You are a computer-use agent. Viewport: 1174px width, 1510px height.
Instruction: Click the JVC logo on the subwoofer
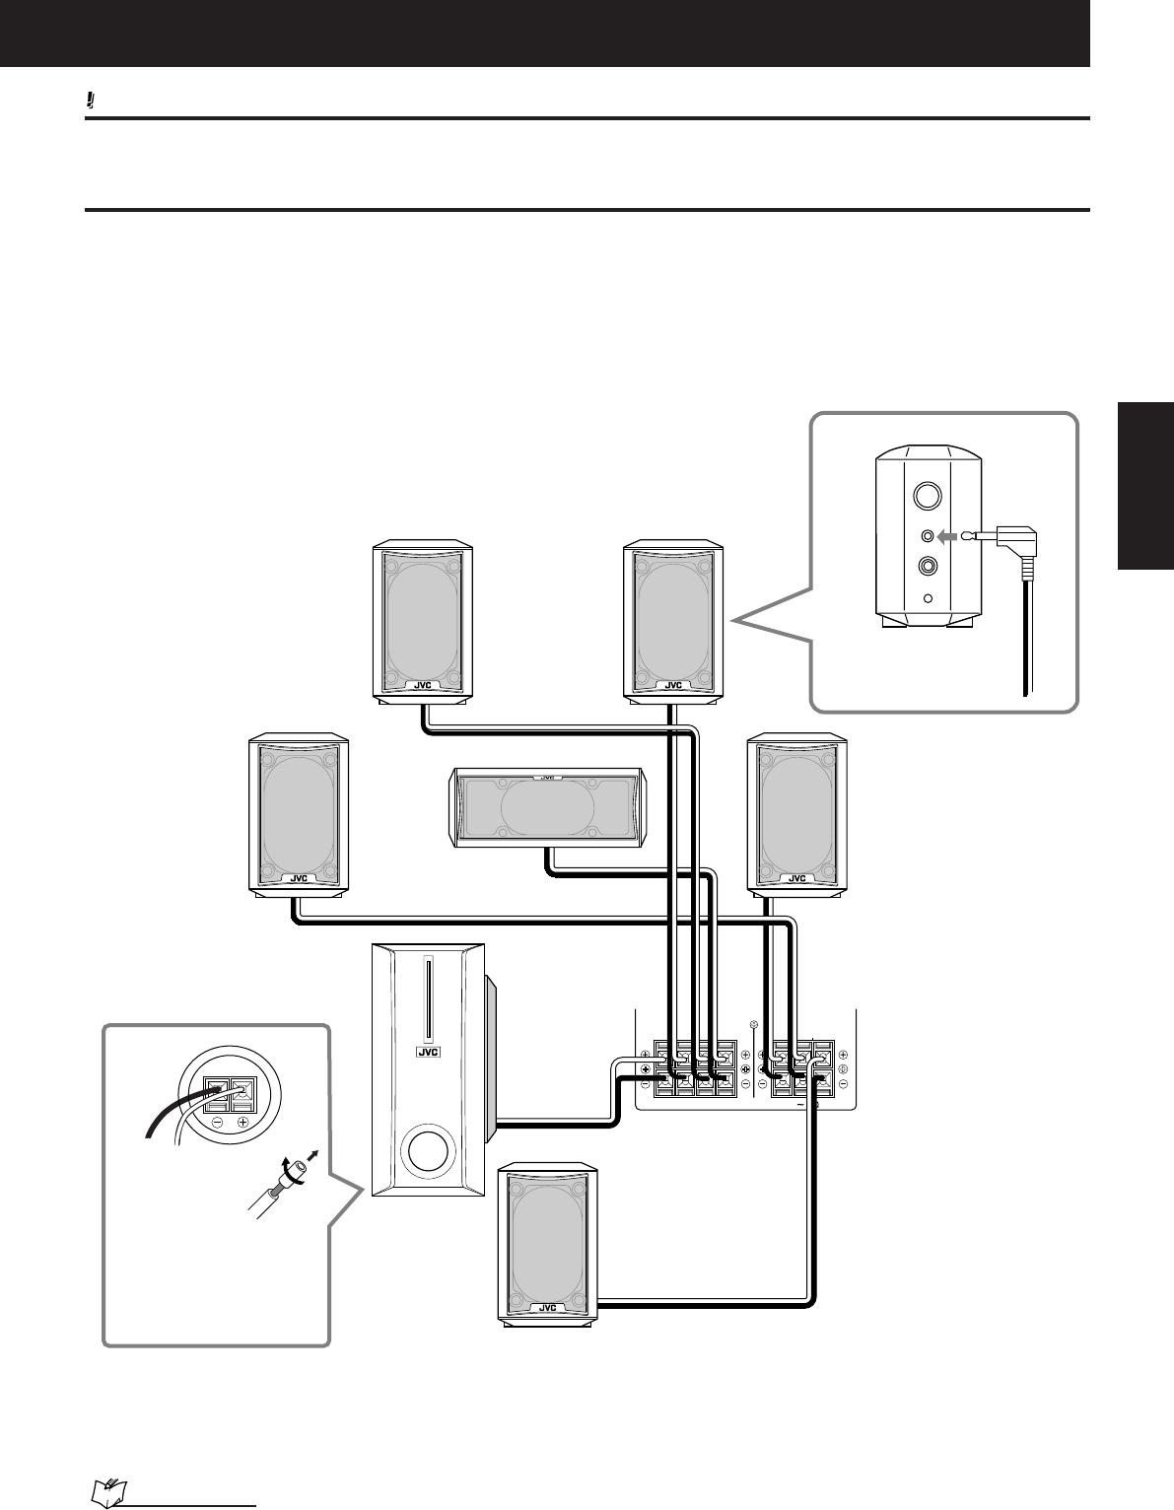[x=428, y=1051]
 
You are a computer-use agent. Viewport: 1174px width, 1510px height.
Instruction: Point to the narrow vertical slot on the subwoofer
[x=428, y=998]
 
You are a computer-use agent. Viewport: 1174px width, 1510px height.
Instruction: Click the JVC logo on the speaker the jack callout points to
[x=673, y=685]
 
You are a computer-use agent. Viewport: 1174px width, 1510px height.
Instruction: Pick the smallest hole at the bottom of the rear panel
[x=928, y=597]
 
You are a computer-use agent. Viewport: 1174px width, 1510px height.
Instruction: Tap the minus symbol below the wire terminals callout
[x=216, y=1123]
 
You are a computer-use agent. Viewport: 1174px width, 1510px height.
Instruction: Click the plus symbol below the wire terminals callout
[x=242, y=1123]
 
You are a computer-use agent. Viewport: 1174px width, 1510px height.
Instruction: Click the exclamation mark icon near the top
[x=90, y=101]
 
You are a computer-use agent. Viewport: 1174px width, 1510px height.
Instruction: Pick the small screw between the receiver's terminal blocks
[x=754, y=1025]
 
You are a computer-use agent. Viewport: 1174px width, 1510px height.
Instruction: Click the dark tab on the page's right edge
[x=1145, y=485]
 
